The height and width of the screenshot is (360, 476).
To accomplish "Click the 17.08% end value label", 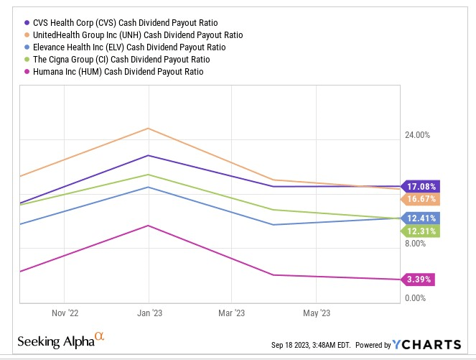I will [x=421, y=186].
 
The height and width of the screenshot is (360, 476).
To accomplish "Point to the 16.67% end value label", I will [x=421, y=199].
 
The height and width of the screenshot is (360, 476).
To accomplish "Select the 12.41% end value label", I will [x=421, y=218].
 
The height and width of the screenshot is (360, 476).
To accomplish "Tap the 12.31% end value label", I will [x=421, y=231].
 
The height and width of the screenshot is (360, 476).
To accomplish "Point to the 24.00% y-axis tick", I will [x=415, y=135].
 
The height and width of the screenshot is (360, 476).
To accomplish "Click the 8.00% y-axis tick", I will [x=414, y=244].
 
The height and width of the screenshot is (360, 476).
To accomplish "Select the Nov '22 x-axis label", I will [x=65, y=313].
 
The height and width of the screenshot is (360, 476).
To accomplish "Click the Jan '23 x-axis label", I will [x=148, y=313].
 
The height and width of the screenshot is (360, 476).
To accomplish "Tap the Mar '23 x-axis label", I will [x=231, y=313].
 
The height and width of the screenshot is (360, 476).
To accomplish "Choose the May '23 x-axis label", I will [x=316, y=313].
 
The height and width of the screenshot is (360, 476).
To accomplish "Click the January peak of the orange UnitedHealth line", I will [x=149, y=129].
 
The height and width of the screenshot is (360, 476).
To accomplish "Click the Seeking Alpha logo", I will [x=62, y=341].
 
